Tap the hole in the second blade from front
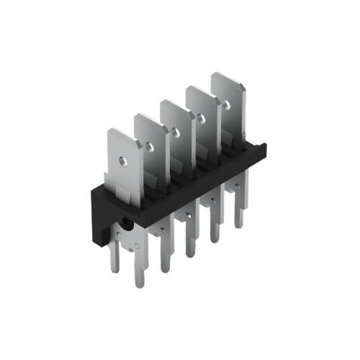150,146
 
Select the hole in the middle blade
175,131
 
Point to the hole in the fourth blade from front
199,117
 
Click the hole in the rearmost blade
225,104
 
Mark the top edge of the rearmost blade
227,75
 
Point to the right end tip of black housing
264,148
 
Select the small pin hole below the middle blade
186,215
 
